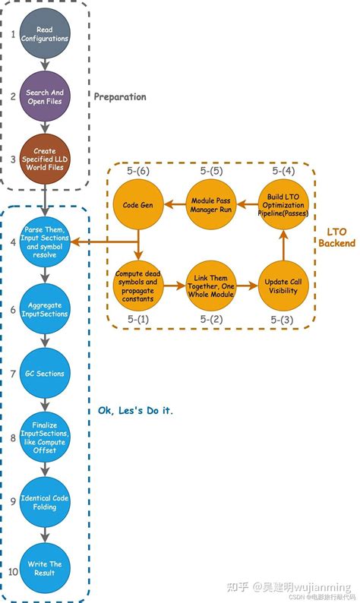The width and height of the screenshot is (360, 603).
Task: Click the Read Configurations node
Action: tap(45, 35)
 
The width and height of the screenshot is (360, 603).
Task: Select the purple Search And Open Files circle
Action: tap(45, 97)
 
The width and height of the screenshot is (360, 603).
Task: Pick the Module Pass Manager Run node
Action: tap(210, 204)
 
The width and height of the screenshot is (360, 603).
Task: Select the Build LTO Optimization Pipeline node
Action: tap(282, 204)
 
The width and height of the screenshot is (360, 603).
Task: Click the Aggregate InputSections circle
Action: tap(45, 309)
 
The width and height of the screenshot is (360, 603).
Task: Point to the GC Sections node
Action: tap(45, 374)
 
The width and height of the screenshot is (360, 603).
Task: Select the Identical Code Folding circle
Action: tap(45, 503)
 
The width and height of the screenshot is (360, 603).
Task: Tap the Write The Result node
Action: tap(45, 568)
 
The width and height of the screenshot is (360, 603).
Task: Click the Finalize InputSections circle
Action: tap(45, 438)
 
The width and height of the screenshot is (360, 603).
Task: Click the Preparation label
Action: tap(120, 97)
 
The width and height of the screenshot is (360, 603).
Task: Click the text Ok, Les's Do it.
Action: tap(136, 411)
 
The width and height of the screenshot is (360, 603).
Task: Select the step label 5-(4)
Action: tap(282, 172)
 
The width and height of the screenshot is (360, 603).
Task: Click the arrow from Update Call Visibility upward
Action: tap(282, 245)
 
